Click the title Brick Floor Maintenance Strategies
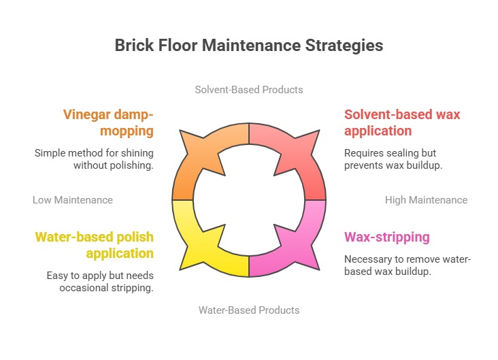point(249,45)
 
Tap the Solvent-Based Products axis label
point(249,90)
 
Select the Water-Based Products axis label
point(249,310)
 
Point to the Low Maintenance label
point(73,200)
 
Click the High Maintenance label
point(426,200)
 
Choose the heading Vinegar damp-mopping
point(108,122)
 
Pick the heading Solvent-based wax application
point(402,122)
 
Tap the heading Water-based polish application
point(95,245)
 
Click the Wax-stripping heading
point(387,237)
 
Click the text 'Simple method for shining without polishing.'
point(94,159)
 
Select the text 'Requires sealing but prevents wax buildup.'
point(393,159)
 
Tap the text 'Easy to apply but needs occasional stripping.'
point(100,282)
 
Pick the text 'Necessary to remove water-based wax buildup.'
point(408,265)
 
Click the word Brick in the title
point(134,45)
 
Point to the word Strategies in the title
point(344,46)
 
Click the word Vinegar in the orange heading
point(86,115)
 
